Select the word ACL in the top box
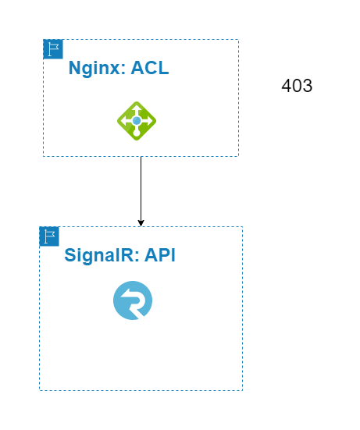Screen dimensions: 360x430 [150, 67]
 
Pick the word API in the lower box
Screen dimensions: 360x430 [159, 255]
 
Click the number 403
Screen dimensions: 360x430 [297, 86]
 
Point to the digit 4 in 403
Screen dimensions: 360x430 [287, 86]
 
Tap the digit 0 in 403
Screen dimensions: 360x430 [297, 86]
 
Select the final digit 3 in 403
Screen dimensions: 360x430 [308, 86]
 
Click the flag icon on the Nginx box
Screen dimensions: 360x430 [53, 49]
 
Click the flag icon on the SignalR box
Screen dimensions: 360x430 [49, 236]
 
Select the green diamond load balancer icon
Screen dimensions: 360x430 [137, 121]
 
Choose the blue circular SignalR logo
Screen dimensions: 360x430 [133, 300]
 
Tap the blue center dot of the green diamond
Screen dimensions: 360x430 [137, 121]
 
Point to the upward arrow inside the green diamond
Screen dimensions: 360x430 [137, 110]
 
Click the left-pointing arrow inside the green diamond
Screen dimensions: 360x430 [127, 121]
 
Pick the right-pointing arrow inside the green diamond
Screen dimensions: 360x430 [147, 121]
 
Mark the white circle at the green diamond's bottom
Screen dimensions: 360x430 [137, 133]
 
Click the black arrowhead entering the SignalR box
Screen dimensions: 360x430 [141, 223]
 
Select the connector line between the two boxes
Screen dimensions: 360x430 [141, 191]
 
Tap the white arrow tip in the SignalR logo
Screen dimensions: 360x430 [124, 293]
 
